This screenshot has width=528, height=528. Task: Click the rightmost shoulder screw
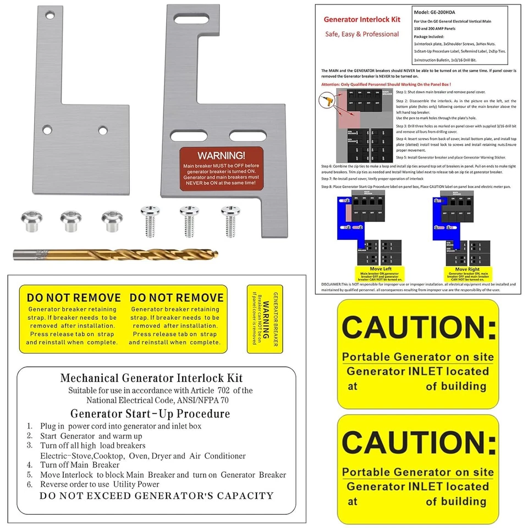(x=228, y=219)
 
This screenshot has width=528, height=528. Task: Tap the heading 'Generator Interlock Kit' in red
(x=362, y=19)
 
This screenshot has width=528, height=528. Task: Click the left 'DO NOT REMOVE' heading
(x=74, y=298)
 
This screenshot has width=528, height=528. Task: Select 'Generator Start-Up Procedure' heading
(x=150, y=414)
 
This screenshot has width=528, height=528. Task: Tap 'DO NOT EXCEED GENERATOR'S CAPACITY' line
(x=156, y=496)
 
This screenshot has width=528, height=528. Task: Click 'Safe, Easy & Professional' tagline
(x=362, y=34)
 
